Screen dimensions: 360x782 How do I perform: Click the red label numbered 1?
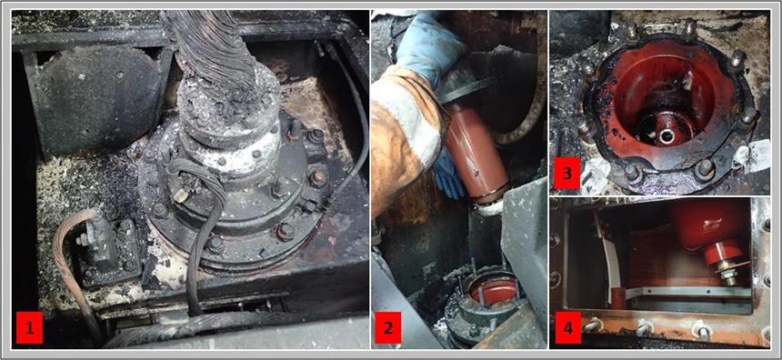(31, 329)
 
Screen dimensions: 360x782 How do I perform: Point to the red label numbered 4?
(568, 326)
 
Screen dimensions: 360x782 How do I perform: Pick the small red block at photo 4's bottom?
(618, 298)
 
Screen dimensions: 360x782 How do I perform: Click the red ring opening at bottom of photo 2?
(490, 291)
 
